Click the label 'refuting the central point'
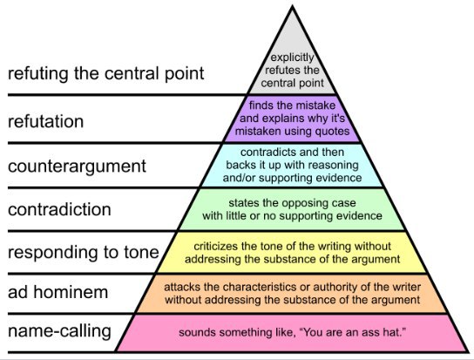pyautogui.click(x=105, y=74)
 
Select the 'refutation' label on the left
pyautogui.click(x=45, y=122)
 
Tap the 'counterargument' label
pyautogui.click(x=77, y=166)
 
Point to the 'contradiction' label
pyautogui.click(x=59, y=210)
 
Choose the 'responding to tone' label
pyautogui.click(x=84, y=253)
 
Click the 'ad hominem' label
pyautogui.click(x=58, y=292)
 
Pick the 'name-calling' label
pyautogui.click(x=59, y=331)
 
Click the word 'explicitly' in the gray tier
pyautogui.click(x=292, y=58)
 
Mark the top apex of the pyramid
pyautogui.click(x=292, y=7)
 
